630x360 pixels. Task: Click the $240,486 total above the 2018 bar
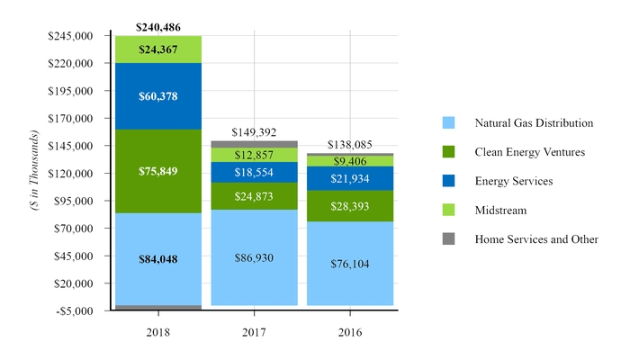[158, 27]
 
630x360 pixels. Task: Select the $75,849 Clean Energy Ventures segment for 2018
[158, 171]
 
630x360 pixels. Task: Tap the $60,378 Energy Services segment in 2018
[158, 96]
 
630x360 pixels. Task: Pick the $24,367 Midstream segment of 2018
[158, 49]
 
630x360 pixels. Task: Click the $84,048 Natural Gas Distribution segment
[158, 259]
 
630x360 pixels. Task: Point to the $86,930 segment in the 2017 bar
[254, 257]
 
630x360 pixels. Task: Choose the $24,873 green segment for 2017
[254, 195]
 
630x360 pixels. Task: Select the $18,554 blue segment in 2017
[254, 172]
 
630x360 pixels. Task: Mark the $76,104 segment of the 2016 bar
[349, 264]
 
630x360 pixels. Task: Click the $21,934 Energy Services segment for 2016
[349, 178]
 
